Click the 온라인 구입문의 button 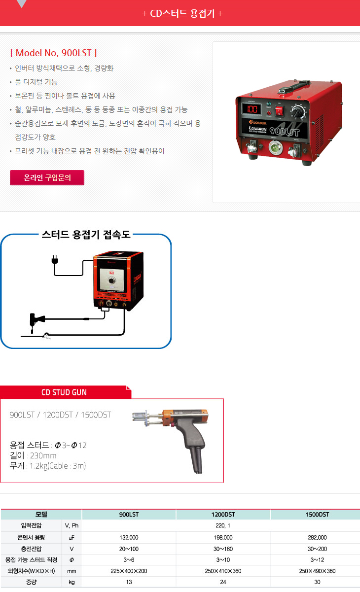[47, 177]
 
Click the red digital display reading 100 [252, 109]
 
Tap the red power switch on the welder [279, 111]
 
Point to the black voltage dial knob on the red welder [298, 112]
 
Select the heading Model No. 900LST [53, 53]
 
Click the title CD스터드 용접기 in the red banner [182, 13]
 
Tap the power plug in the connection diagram [55, 260]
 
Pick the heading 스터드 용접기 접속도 [86, 235]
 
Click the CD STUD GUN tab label [64, 392]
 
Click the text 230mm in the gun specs [43, 455]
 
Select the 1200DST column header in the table [223, 514]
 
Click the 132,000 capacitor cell [129, 538]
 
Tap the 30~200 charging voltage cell [317, 549]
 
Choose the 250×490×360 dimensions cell [317, 571]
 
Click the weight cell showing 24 [223, 582]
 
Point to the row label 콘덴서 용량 [31, 538]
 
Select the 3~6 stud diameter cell [129, 560]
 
